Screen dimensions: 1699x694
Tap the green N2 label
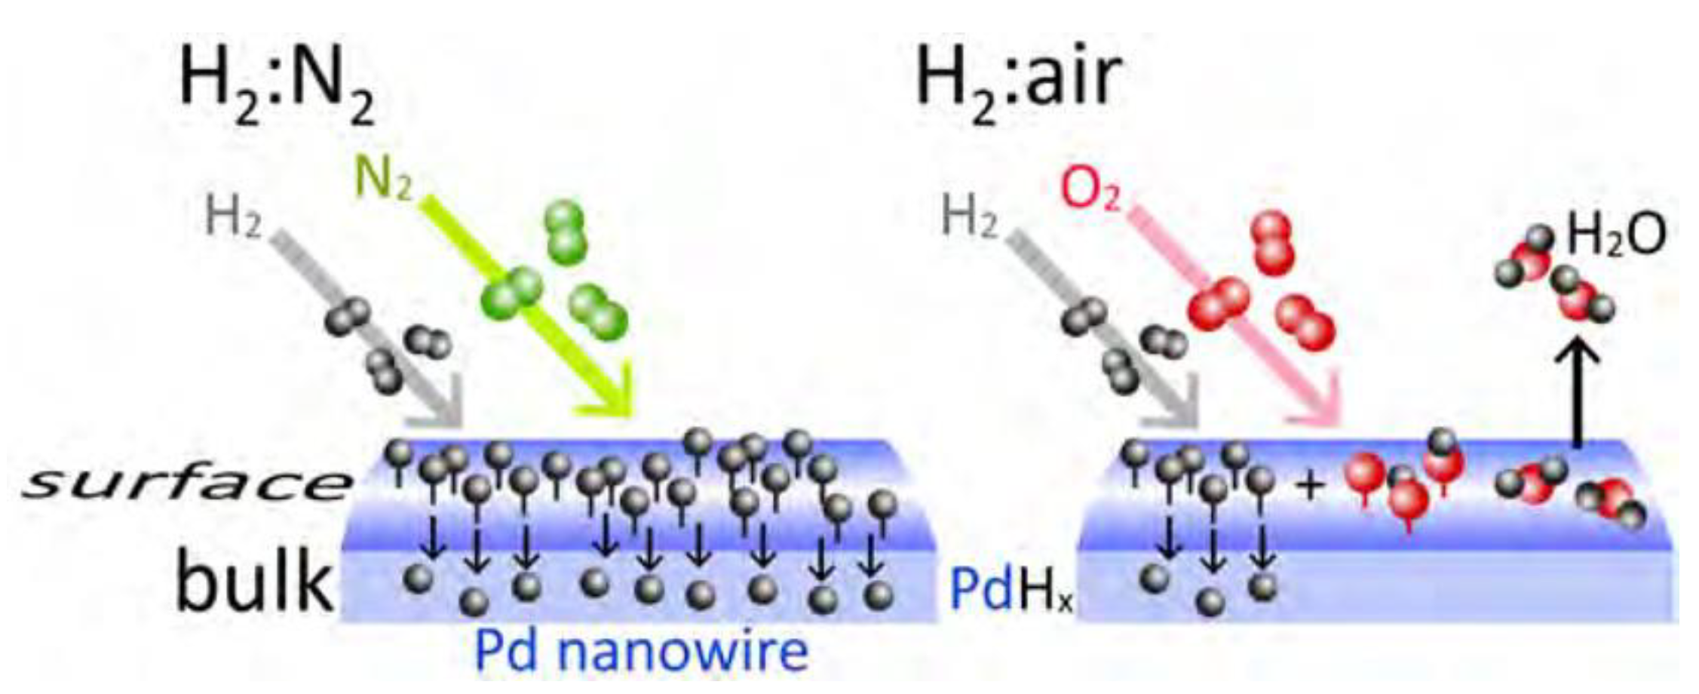click(x=383, y=180)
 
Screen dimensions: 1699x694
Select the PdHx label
click(x=1011, y=591)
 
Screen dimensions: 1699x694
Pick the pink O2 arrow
click(x=1237, y=317)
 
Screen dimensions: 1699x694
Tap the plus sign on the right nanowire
click(x=1310, y=486)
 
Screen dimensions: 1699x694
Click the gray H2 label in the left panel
click(x=233, y=219)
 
